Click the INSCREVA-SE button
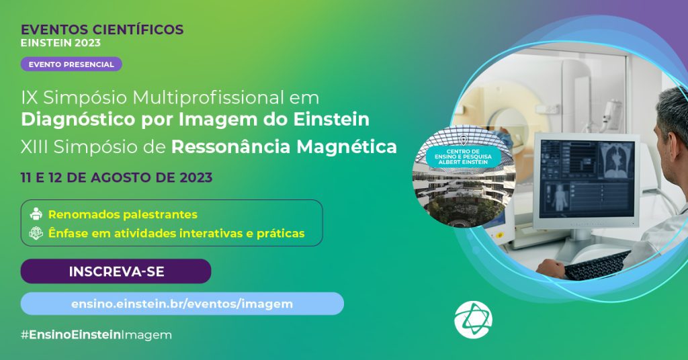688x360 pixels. [116, 271]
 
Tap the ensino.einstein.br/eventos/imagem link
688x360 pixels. [182, 304]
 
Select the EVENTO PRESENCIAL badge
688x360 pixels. [71, 64]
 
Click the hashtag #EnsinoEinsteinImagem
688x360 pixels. [96, 335]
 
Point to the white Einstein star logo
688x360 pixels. [473, 320]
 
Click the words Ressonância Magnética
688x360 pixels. [284, 147]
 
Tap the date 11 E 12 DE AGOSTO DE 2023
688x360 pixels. [116, 177]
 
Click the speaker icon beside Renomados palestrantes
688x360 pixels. [36, 214]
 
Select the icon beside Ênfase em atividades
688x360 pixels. [36, 233]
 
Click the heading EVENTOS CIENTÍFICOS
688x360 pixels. [102, 30]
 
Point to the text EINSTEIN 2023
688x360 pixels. [60, 43]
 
